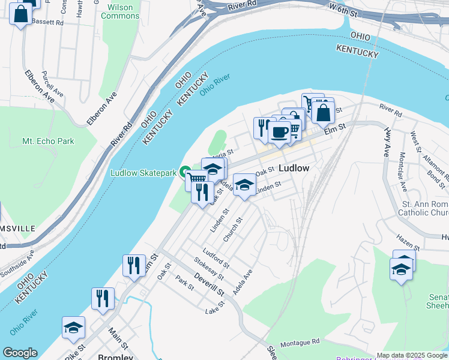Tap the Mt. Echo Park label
[x=48, y=141]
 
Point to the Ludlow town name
[x=294, y=169]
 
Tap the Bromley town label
[x=115, y=357]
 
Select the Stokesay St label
[x=208, y=268]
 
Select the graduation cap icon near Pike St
[x=73, y=328]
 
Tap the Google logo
[x=20, y=353]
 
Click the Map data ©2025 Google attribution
[x=411, y=355]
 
